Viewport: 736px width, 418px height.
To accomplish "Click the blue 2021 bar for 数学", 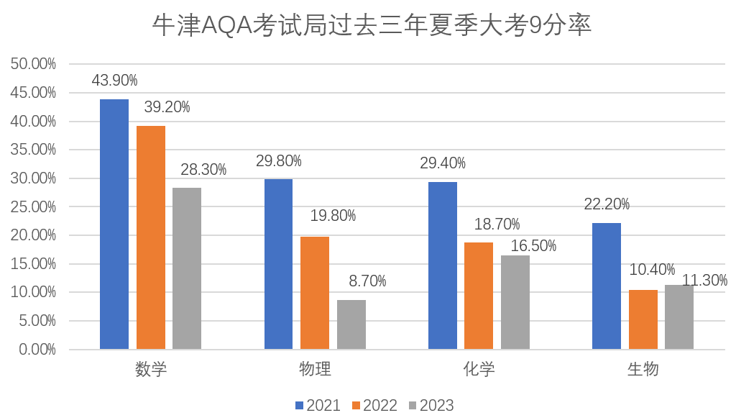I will click(114, 224).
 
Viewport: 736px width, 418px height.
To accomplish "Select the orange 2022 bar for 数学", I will click(151, 237).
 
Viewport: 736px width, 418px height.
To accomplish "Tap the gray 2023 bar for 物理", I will click(351, 324).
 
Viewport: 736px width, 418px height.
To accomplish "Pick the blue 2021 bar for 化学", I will click(443, 265).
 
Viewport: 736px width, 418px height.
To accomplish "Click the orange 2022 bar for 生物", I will click(643, 319).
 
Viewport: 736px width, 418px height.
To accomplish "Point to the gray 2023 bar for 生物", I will click(679, 317).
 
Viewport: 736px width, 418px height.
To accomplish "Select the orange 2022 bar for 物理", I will click(315, 293).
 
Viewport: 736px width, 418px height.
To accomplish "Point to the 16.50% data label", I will click(533, 246).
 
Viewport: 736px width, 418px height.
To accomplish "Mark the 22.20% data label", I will click(607, 204).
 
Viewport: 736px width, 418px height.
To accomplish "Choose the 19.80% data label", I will click(333, 216).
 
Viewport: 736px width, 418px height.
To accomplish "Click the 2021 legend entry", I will click(318, 405).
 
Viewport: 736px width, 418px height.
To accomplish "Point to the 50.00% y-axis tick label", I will click(33, 64).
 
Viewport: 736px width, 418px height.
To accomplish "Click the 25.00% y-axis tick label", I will click(33, 206).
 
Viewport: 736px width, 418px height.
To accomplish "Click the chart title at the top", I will click(372, 26).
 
